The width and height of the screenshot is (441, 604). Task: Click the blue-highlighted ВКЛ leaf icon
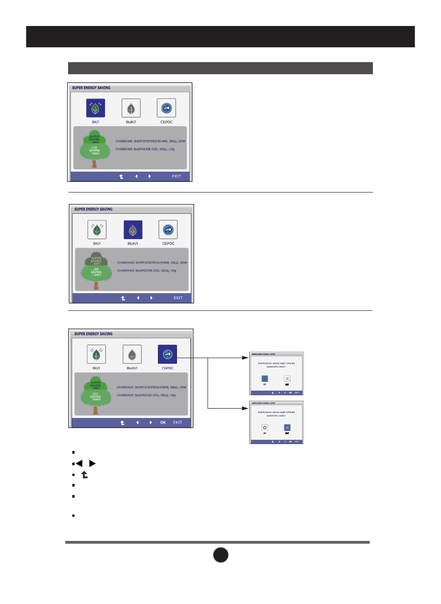(95, 108)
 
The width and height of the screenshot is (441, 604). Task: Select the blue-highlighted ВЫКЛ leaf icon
(133, 230)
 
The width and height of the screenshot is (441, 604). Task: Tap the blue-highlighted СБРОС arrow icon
(167, 354)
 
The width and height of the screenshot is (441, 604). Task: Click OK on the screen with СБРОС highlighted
(163, 423)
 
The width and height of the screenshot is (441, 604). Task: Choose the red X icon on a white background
(287, 379)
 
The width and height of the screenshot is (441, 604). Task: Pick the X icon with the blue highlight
(287, 428)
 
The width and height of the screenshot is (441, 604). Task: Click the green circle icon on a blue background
(265, 379)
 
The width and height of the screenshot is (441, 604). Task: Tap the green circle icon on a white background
(265, 428)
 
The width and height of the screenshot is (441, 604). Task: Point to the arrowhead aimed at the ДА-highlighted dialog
(247, 358)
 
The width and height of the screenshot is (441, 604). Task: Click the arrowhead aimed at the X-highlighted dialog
(247, 408)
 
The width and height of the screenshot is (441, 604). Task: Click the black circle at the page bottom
(221, 555)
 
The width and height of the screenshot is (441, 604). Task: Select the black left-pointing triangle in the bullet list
(79, 463)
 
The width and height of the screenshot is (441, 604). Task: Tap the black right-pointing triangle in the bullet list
(93, 463)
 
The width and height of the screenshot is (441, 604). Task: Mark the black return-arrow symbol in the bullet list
(84, 475)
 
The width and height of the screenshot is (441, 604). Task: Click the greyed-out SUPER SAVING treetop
(96, 260)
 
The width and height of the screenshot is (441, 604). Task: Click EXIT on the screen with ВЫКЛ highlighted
(178, 298)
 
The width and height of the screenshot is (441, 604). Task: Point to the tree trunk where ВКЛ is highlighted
(94, 163)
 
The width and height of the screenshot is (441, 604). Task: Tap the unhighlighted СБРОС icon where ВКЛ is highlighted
(166, 108)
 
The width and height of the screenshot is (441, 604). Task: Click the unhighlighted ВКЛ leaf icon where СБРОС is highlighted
(96, 354)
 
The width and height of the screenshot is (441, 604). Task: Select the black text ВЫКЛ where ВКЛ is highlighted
(131, 122)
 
